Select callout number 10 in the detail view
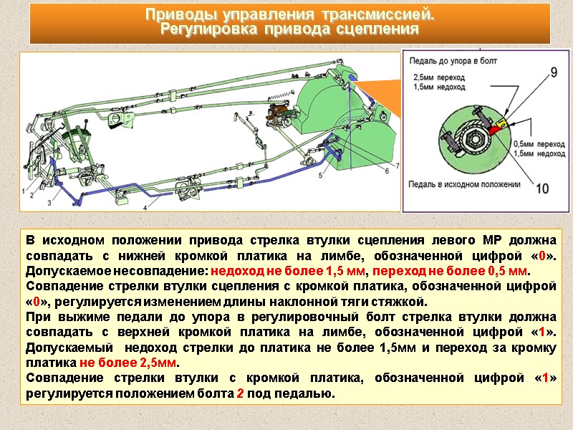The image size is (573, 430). [x=541, y=188]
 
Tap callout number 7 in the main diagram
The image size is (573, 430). [x=398, y=165]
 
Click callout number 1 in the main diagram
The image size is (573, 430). [x=24, y=191]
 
